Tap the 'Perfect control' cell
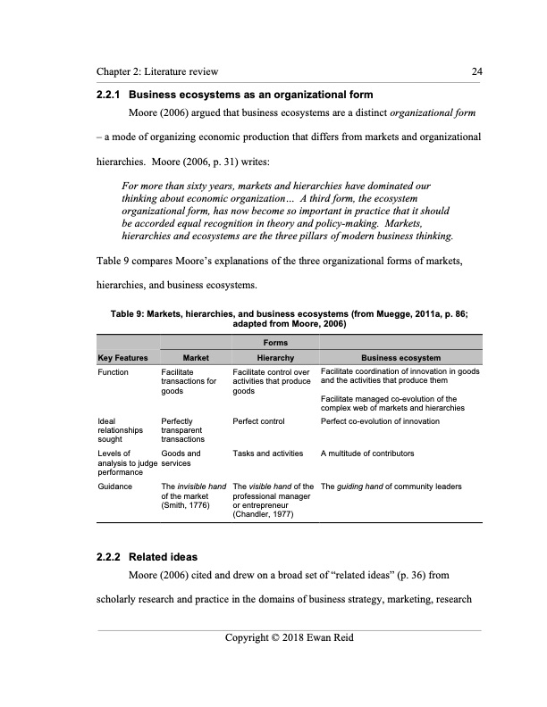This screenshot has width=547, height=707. [x=259, y=419]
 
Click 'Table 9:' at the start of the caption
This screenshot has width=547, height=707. [x=129, y=315]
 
